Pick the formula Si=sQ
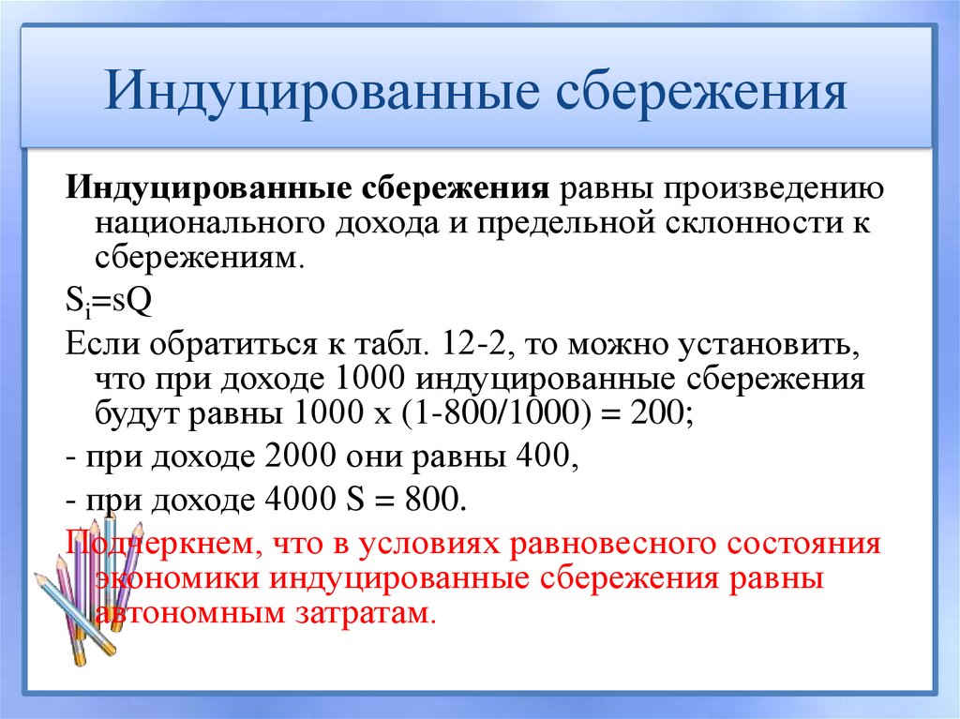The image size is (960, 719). [x=102, y=302]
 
